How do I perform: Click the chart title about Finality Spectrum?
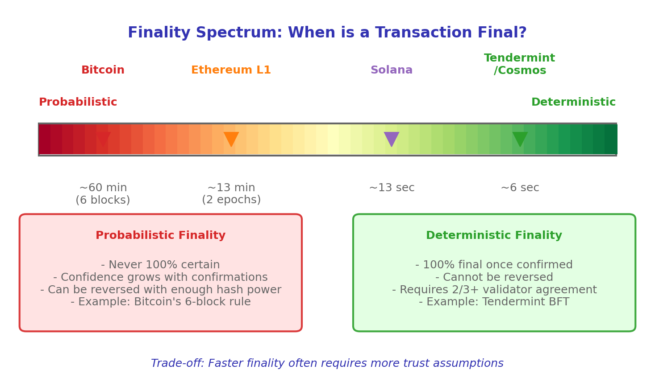327,33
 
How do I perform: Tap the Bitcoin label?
103,70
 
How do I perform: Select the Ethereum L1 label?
231,70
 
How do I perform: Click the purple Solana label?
392,70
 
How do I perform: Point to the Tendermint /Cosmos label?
520,65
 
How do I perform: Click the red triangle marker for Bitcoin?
103,138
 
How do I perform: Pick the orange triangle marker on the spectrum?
231,138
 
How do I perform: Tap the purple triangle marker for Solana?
392,138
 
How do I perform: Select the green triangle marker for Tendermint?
520,138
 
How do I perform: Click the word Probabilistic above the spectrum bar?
78,103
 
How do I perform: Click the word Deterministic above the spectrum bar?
573,103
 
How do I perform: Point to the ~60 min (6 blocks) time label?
103,194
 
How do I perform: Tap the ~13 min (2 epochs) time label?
231,194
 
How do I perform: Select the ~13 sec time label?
392,188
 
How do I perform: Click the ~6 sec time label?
520,188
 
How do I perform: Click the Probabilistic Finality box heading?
160,236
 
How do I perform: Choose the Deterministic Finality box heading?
494,236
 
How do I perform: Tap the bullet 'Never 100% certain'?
160,265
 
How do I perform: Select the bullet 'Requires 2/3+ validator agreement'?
494,290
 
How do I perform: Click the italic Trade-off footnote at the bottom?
327,364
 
